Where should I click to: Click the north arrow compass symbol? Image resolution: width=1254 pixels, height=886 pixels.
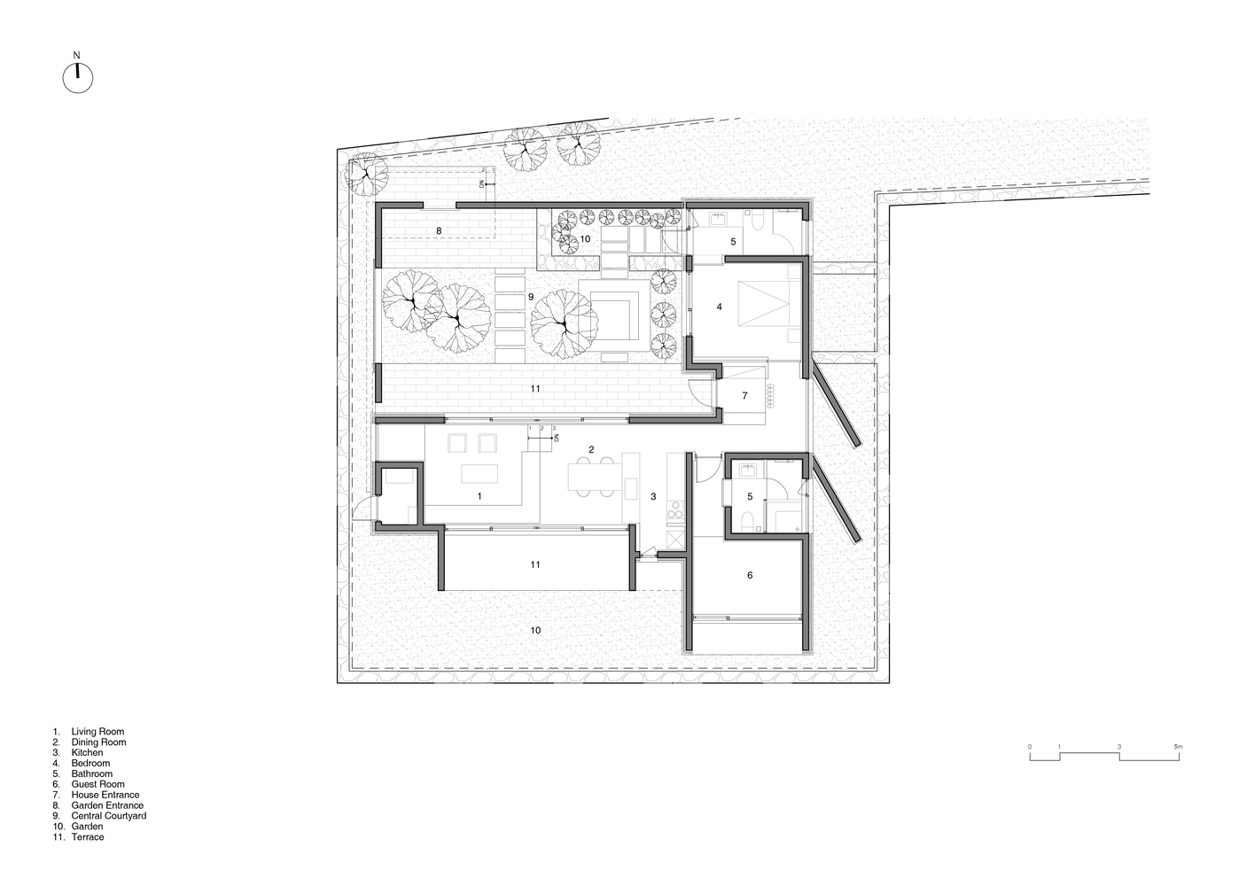[78, 78]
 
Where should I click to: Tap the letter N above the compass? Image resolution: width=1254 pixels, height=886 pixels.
[77, 55]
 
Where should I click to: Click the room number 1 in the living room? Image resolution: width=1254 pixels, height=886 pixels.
[479, 496]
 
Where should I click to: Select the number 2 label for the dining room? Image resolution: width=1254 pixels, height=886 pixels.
[591, 449]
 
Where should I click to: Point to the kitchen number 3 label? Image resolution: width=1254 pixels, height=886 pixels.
[653, 496]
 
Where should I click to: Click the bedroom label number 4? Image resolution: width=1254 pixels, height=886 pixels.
[720, 307]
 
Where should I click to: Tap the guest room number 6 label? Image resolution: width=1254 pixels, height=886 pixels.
[750, 575]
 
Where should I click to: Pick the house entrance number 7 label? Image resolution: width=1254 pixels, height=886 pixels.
[744, 396]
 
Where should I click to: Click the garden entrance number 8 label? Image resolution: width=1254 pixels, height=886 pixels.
[439, 230]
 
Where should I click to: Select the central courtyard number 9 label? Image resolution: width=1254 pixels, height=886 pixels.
[531, 297]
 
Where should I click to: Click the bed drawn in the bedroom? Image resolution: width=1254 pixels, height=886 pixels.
[764, 303]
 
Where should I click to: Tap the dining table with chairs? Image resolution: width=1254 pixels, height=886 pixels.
[596, 477]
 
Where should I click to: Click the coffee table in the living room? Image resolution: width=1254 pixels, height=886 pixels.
[479, 473]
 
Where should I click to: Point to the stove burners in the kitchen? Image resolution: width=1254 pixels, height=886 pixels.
[675, 512]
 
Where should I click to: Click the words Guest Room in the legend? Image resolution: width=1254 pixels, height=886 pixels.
[98, 784]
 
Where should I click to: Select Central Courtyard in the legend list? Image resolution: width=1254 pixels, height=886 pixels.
[109, 815]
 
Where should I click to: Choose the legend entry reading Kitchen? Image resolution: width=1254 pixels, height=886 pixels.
[87, 753]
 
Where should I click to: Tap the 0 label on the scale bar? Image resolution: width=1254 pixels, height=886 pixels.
[1030, 747]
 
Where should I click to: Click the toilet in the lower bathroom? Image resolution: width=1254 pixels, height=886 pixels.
[747, 522]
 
